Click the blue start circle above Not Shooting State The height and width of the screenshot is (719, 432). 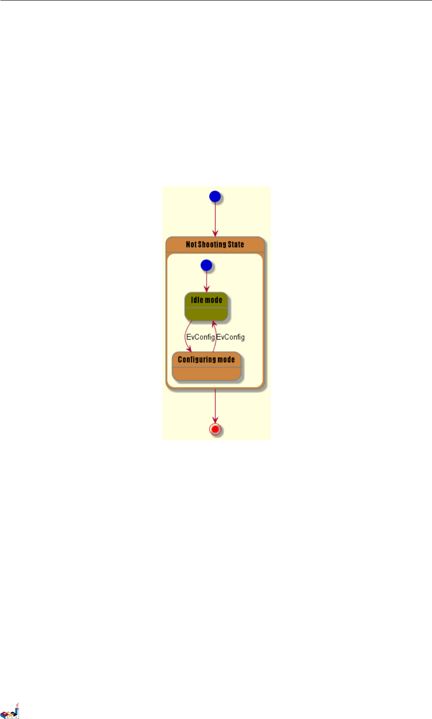pos(215,196)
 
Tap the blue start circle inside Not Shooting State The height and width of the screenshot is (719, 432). pos(206,265)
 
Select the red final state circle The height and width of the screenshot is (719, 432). pos(215,429)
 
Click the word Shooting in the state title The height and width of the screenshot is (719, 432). pos(212,244)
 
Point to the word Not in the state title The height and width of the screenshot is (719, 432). pos(191,244)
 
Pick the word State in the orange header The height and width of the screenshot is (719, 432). pos(236,244)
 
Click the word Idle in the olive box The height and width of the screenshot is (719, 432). pos(197,300)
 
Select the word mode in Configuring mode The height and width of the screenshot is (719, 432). pos(226,359)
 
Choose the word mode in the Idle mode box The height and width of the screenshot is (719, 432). pos(214,300)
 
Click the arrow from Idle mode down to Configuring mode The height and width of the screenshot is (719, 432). pos(186,336)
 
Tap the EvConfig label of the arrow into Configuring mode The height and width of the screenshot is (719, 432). pos(200,337)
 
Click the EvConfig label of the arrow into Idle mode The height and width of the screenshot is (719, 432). pos(231,337)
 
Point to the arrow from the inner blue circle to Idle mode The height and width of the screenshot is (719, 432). pos(206,281)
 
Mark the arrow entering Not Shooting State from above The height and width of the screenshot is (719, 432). pos(215,219)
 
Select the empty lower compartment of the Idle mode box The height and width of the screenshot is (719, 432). pos(206,314)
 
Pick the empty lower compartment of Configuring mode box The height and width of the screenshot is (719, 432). pos(206,374)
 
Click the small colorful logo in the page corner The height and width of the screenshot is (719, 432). pos(10,711)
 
